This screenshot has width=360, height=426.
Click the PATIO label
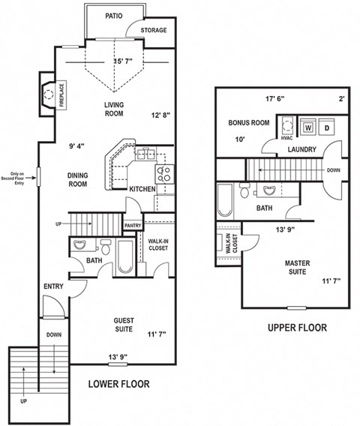(114, 15)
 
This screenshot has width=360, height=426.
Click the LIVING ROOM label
(113, 109)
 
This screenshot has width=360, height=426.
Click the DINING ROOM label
(79, 180)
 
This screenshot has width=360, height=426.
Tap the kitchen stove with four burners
(165, 175)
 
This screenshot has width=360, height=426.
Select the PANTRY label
(133, 225)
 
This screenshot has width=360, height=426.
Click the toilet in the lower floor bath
(106, 247)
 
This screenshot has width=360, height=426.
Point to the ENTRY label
(53, 286)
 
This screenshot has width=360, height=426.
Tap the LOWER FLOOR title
(118, 384)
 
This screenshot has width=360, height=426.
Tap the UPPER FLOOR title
(297, 328)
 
